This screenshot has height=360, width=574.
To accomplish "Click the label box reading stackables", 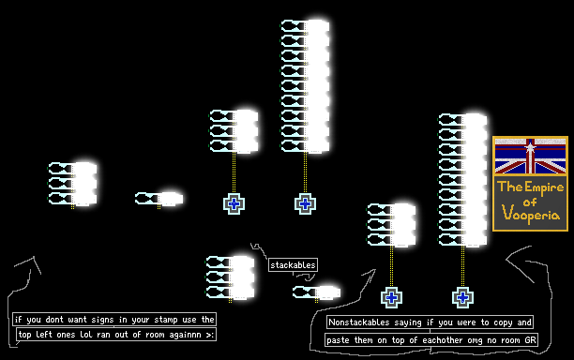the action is pyautogui.click(x=293, y=265).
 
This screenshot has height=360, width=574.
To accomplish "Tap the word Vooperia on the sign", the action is pyautogui.click(x=531, y=213).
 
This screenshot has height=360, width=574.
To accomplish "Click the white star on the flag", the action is pyautogui.click(x=530, y=147).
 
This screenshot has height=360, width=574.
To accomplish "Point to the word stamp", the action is pyautogui.click(x=166, y=320).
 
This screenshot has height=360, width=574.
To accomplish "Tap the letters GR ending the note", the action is pyautogui.click(x=530, y=340).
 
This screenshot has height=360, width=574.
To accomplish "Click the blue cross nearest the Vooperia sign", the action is pyautogui.click(x=462, y=297).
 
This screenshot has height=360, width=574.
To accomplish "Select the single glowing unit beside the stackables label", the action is pyautogui.click(x=317, y=292).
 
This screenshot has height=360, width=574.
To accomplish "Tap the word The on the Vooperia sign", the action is pyautogui.click(x=510, y=187).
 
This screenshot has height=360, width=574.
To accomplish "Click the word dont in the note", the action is pyautogui.click(x=54, y=320).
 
